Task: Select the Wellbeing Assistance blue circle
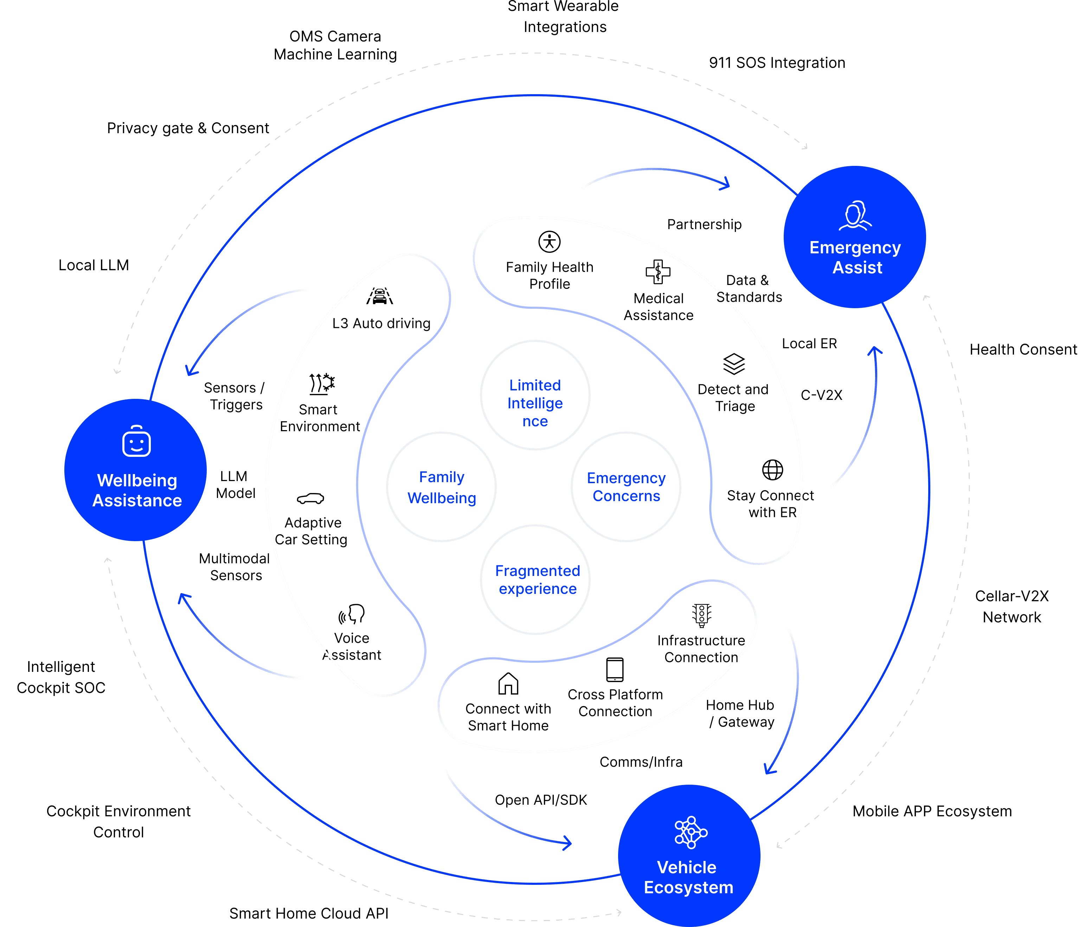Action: click(136, 470)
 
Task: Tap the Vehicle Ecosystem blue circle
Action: click(689, 856)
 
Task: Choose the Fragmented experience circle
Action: click(535, 580)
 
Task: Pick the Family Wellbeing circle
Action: click(441, 487)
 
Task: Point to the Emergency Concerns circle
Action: click(626, 487)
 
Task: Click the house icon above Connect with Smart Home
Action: click(508, 684)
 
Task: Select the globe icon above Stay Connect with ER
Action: click(772, 470)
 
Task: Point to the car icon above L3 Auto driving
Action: click(380, 296)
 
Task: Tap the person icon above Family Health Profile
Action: click(550, 242)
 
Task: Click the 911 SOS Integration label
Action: click(777, 63)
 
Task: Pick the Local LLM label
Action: click(94, 265)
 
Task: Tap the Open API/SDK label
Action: click(540, 800)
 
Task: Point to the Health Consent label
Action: click(1023, 349)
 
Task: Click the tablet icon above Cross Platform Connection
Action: click(615, 670)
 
